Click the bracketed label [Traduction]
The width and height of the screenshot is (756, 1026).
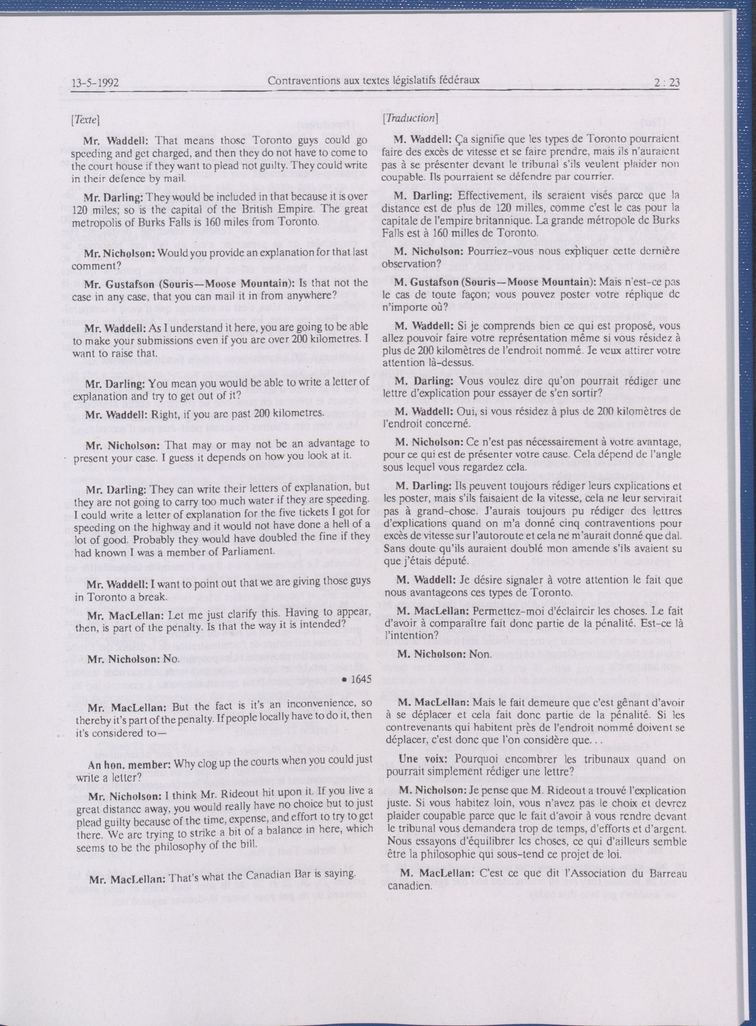(x=410, y=118)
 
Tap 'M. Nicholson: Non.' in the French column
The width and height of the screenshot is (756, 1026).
(x=444, y=654)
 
